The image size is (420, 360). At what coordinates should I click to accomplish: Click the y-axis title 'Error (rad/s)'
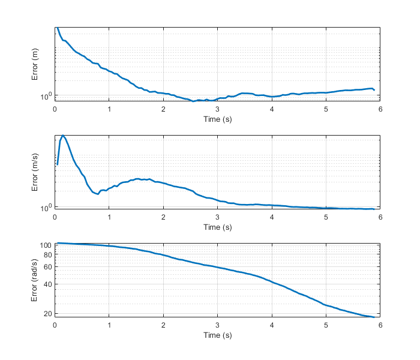point(35,281)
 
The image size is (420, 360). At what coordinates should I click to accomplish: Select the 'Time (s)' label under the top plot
point(217,119)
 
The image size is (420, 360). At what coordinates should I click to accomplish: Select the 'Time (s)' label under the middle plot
point(217,227)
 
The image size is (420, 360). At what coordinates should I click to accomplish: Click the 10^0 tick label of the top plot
point(46,95)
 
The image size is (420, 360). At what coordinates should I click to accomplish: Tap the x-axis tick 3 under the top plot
point(217,109)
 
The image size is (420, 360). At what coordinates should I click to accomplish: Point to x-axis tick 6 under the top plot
point(380,109)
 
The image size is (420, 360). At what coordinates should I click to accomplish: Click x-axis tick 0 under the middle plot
point(55,217)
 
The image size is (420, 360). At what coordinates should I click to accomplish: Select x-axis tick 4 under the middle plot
point(272,217)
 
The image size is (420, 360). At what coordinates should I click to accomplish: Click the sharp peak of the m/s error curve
point(63,136)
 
